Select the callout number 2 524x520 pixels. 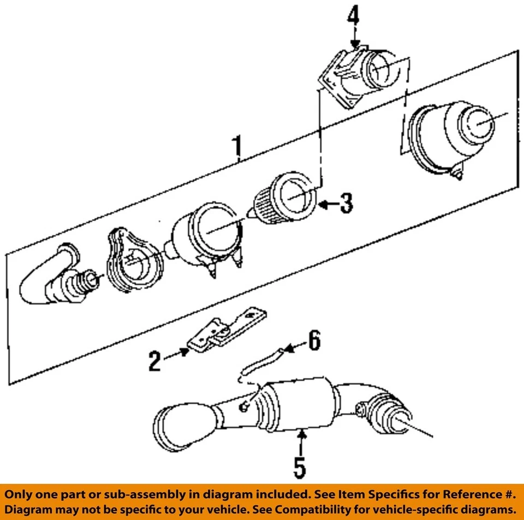click(x=155, y=361)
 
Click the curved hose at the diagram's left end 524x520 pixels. click(x=46, y=276)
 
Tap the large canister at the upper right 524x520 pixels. click(x=456, y=136)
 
